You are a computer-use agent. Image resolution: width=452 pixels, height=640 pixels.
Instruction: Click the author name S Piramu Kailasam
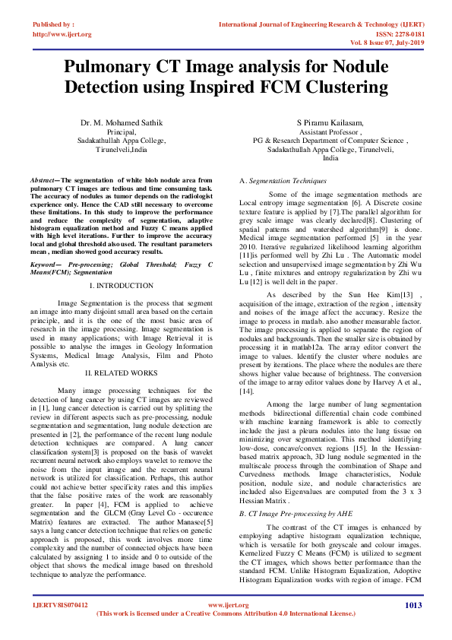[x=330, y=122]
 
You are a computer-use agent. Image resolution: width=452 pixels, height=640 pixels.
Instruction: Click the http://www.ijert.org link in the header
[x=62, y=34]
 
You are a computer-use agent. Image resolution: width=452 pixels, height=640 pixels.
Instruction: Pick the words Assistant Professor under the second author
[x=330, y=131]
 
